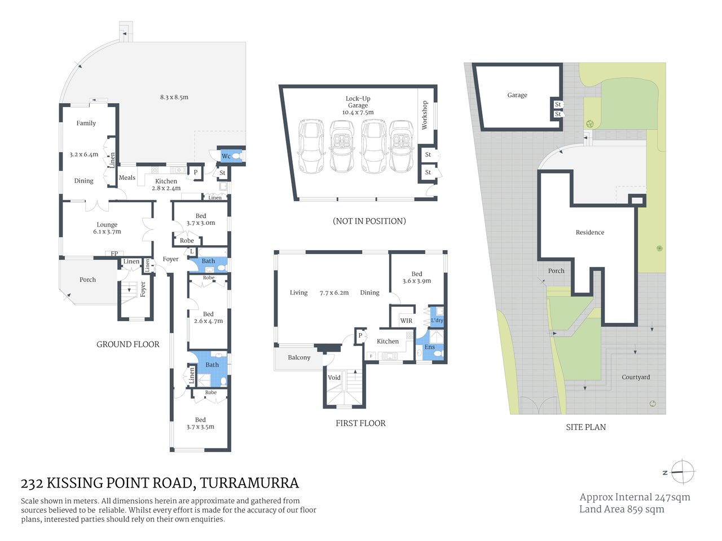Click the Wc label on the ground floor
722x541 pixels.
(x=226, y=156)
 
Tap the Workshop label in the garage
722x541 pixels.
(x=425, y=116)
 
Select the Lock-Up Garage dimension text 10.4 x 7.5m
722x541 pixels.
(x=358, y=112)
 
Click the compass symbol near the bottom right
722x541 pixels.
(x=683, y=472)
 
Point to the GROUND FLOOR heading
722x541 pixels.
(x=128, y=344)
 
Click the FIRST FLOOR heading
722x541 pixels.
(x=360, y=423)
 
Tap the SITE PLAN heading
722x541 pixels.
(x=585, y=427)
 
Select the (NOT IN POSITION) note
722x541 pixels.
(x=369, y=221)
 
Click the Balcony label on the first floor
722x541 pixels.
(x=299, y=357)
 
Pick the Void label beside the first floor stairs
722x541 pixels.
(x=334, y=378)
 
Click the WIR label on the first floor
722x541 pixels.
(x=406, y=321)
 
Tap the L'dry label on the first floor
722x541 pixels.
(x=437, y=320)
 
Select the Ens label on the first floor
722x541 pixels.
(x=429, y=347)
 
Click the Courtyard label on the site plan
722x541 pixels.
(x=636, y=377)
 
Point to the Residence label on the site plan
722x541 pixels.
(x=589, y=232)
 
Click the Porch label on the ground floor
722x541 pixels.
(x=87, y=280)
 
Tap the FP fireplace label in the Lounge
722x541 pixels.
(x=115, y=254)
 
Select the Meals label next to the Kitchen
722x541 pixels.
(x=127, y=178)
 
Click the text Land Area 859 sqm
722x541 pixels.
(x=622, y=509)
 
